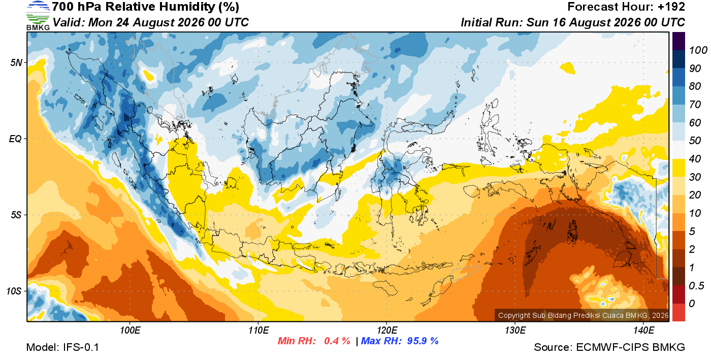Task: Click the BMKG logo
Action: [38, 16]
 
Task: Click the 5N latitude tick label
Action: [16, 62]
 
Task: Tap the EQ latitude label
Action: [15, 139]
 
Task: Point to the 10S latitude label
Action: [14, 291]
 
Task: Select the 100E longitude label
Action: [130, 331]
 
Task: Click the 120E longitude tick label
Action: [387, 331]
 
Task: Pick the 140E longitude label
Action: [644, 331]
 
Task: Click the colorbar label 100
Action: [698, 50]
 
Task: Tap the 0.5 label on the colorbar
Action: [696, 286]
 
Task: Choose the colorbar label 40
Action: [695, 159]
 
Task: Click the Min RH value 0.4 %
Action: [337, 341]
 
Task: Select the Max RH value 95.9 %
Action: [423, 341]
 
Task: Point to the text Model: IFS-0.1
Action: [62, 347]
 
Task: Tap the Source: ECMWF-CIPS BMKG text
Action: [609, 347]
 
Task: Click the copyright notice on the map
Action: [584, 315]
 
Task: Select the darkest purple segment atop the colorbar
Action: [678, 41]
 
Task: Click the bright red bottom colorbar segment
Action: [678, 312]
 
